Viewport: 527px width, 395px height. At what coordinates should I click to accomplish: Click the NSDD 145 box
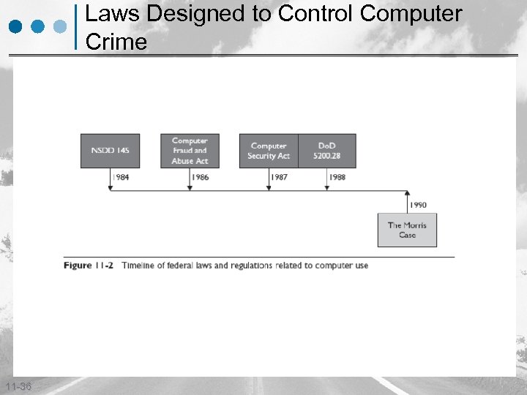[110, 151]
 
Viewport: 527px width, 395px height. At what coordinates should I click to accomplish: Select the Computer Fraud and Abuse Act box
[190, 151]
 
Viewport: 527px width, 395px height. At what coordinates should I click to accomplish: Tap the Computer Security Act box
[269, 151]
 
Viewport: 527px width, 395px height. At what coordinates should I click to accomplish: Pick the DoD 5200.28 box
[327, 151]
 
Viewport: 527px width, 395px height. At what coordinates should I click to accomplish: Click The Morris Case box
[407, 230]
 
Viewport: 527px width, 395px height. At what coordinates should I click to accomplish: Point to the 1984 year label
[122, 178]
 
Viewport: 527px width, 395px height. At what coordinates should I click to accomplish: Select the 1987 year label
[279, 178]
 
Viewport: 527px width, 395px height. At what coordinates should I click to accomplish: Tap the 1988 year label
[337, 178]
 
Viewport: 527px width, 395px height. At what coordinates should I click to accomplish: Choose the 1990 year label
[418, 206]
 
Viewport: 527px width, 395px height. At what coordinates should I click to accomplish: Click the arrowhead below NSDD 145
[110, 189]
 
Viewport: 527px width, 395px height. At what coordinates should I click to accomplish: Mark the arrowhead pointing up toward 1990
[407, 193]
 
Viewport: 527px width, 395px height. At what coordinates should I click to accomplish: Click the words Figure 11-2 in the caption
[88, 266]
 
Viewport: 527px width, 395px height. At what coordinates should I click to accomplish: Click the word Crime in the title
[116, 42]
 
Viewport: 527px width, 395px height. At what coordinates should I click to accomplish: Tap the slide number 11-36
[17, 386]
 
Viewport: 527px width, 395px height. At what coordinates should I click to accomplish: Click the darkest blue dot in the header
[17, 26]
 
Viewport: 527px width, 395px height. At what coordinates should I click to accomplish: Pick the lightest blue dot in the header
[61, 26]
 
